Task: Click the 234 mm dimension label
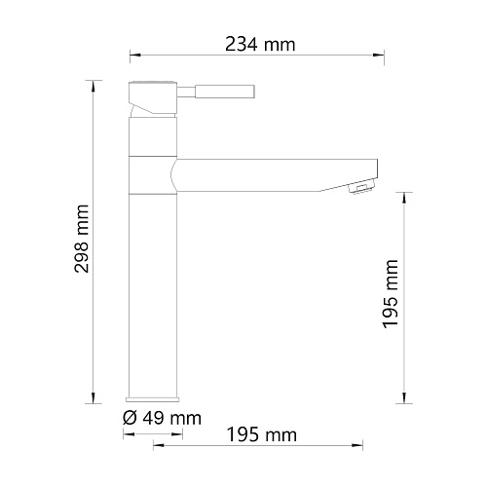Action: point(260,45)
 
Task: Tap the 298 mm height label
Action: point(82,239)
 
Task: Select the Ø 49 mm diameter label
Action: point(162,418)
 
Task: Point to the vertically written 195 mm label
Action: point(391,294)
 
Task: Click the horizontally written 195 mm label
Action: point(262,434)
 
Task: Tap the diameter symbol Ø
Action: point(131,418)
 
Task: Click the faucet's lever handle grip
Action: point(225,92)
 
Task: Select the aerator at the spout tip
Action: point(361,188)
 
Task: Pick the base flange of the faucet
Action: point(153,399)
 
